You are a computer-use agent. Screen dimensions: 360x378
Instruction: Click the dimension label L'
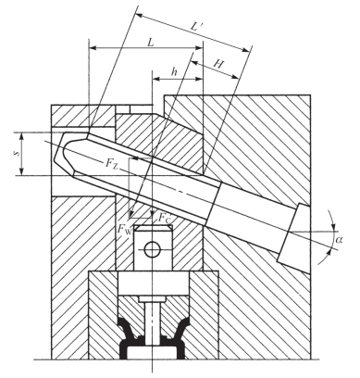pos(196,26)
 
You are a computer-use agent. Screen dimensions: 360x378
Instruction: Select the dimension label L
pos(150,42)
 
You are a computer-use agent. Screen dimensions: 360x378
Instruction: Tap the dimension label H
pos(218,64)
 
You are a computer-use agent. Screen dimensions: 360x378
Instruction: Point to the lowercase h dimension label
pos(175,72)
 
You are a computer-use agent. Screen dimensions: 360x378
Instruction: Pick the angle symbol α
pos(339,239)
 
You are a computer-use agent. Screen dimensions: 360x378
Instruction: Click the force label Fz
pos(112,163)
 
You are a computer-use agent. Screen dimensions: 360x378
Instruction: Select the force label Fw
pos(125,229)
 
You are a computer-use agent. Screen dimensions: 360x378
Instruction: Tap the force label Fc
pos(164,218)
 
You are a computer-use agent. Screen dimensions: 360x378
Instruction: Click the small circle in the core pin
pos(153,249)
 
